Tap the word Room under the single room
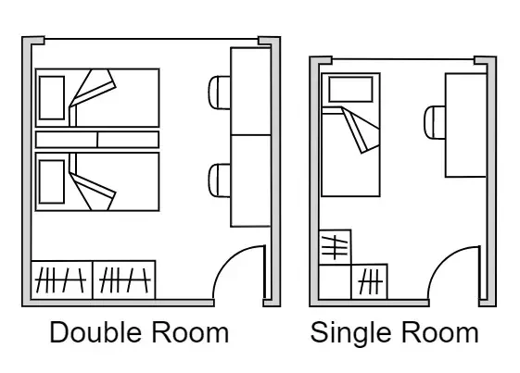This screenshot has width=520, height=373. (440, 333)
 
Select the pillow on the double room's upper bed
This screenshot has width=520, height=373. (52, 98)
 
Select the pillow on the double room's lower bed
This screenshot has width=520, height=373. (52, 181)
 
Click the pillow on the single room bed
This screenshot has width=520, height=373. (351, 90)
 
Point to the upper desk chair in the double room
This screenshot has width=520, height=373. (220, 93)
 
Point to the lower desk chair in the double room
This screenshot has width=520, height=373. (220, 180)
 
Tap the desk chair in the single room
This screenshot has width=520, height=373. (435, 122)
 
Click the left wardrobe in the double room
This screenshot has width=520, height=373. (62, 280)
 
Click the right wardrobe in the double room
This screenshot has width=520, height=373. (124, 280)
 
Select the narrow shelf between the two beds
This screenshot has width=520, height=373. (97, 140)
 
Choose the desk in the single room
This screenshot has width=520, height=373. (465, 125)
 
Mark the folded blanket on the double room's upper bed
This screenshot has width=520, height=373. (93, 88)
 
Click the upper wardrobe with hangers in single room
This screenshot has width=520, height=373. (335, 247)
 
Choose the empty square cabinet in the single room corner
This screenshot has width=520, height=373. (335, 282)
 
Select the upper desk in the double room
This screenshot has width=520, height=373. (250, 92)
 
